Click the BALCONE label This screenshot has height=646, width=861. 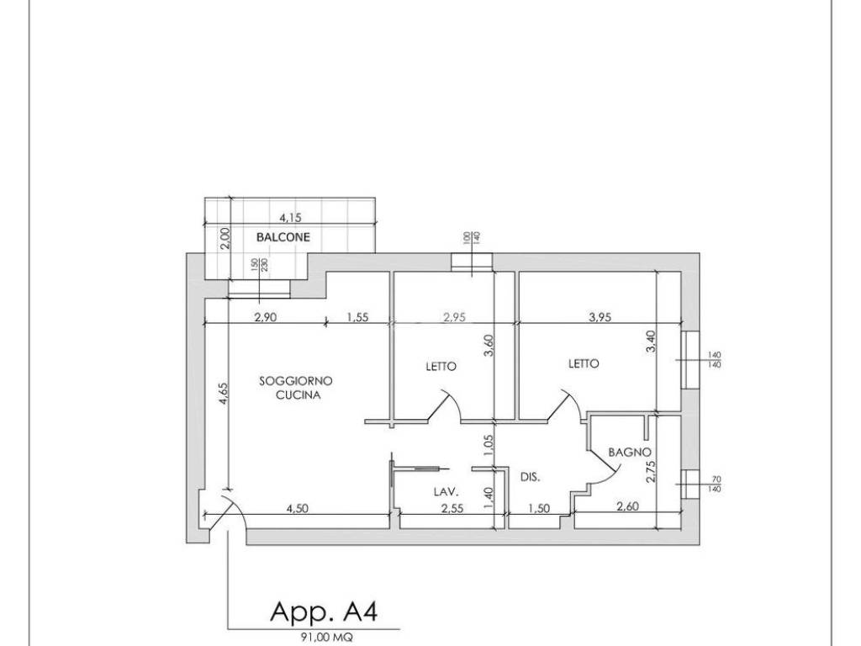283,237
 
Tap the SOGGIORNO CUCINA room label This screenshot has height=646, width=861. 296,387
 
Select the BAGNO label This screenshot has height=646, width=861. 630,453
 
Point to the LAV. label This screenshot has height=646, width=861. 446,491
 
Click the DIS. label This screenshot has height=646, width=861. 530,478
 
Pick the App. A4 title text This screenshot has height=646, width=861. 324,612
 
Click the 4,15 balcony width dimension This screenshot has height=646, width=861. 290,218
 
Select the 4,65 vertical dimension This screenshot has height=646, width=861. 222,394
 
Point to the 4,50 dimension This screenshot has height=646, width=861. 297,508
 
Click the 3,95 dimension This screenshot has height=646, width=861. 600,316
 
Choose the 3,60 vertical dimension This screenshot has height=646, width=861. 489,346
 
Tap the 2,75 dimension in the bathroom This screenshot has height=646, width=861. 652,471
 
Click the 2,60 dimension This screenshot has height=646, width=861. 627,506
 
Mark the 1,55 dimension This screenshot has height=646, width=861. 357,317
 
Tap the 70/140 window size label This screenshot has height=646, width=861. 715,484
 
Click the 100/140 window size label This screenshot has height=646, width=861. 471,237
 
